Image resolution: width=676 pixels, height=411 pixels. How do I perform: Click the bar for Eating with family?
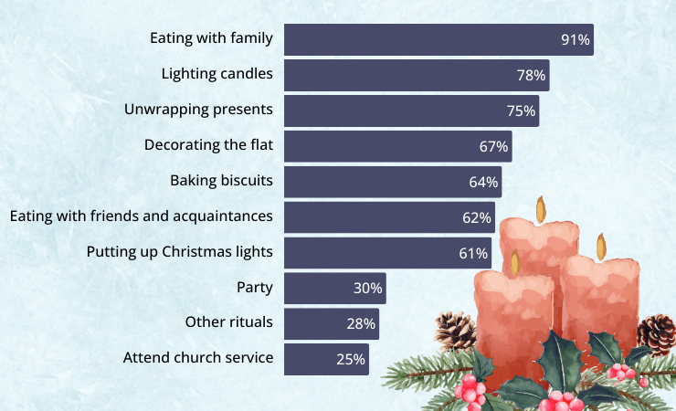[x=438, y=39]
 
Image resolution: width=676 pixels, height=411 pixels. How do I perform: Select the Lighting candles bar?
[x=416, y=75]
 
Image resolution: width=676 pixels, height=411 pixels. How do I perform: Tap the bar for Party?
[x=334, y=288]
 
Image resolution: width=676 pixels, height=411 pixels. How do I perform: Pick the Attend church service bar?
[x=326, y=359]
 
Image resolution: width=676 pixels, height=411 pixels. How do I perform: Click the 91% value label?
[x=576, y=40]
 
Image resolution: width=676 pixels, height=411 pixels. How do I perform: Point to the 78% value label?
[x=531, y=76]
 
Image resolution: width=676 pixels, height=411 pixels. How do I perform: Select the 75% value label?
[x=521, y=111]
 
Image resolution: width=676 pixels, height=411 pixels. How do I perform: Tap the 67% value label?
[x=493, y=146]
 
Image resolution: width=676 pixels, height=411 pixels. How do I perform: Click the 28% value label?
[x=361, y=323]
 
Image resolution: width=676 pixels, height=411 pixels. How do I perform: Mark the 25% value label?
[x=351, y=359]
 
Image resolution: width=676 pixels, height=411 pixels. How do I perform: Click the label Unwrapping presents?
[x=198, y=110]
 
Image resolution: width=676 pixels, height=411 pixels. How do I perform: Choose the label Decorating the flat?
[x=208, y=144]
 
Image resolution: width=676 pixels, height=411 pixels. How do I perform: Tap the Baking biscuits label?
[x=221, y=180]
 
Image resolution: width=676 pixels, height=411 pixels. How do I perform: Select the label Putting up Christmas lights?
[x=180, y=251]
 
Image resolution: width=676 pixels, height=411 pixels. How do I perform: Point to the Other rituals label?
[x=228, y=322]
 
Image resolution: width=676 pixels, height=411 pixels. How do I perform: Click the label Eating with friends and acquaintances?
[x=141, y=216]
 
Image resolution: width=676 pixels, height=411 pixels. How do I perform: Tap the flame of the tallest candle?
[x=541, y=209]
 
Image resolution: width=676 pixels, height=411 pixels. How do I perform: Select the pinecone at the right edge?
[x=657, y=333]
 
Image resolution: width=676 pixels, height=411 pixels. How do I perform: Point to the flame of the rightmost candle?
[x=601, y=246]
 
